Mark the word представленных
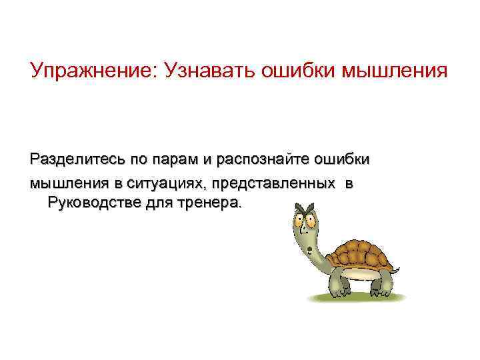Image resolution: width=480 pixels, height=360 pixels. pyautogui.click(x=273, y=182)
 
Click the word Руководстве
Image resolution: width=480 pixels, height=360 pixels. pyautogui.click(x=93, y=202)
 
